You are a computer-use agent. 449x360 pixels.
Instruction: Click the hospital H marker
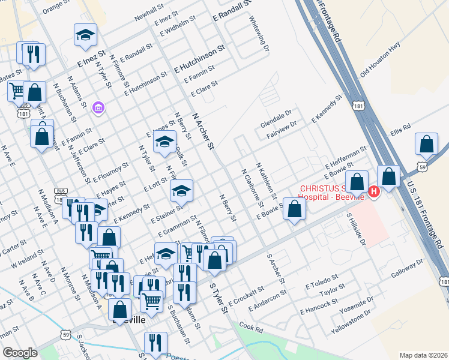tap(374, 192)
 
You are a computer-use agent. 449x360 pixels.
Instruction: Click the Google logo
tap(20, 352)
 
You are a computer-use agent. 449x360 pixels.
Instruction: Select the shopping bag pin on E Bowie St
tap(294, 209)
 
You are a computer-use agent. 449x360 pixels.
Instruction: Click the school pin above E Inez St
tap(85, 36)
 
